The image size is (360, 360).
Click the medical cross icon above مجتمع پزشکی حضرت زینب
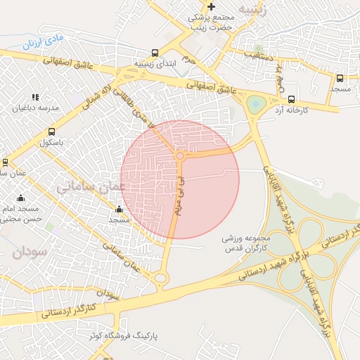[x=212, y=7]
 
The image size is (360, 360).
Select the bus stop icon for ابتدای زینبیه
[x=155, y=53]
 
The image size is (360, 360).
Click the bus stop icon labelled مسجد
[x=340, y=79]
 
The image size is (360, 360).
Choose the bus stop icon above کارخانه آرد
[x=292, y=98]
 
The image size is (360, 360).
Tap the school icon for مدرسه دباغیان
[x=35, y=98]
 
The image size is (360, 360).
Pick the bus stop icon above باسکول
[x=51, y=131]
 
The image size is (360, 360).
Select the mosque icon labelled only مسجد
[x=118, y=209]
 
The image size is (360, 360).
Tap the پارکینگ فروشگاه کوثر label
[x=123, y=336]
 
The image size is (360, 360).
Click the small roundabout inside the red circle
[x=181, y=155]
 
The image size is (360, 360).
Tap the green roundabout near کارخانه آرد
[x=254, y=105]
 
